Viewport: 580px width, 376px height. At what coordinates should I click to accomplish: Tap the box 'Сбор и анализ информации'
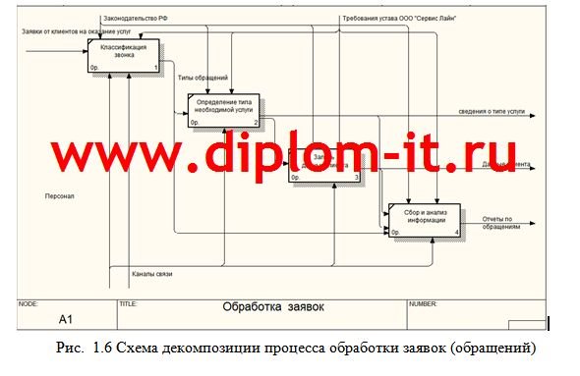pos(424,220)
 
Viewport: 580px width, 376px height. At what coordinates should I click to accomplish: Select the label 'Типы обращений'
pos(203,77)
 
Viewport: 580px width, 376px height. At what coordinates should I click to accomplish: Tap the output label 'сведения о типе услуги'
pos(495,111)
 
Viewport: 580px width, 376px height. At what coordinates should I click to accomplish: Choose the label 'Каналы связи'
pos(151,273)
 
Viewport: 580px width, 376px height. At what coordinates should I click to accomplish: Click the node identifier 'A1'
pos(66,318)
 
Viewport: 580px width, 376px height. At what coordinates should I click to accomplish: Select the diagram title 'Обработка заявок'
pos(273,307)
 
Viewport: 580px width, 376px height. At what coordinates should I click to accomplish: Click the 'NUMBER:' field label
pos(423,303)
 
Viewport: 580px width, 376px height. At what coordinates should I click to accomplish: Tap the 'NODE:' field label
pos(29,303)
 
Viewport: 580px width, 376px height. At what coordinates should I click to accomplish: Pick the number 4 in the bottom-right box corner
pos(456,232)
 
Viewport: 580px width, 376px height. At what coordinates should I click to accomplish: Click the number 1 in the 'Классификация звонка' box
pos(155,67)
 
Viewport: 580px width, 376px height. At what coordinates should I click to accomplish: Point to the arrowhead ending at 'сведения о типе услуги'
pos(532,117)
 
